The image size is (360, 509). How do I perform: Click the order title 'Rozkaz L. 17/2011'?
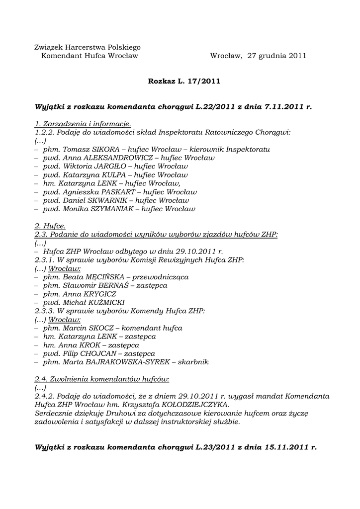[184, 80]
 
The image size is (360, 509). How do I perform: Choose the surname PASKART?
[117, 192]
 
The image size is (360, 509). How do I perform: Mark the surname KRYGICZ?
[101, 294]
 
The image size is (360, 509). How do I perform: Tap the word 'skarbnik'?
[194, 362]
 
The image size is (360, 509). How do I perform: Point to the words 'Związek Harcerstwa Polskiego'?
[88, 47]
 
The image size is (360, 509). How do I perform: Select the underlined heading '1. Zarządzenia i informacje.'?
[83, 123]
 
